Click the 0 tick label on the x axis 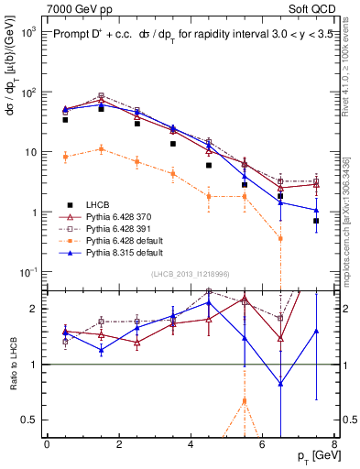(47, 443)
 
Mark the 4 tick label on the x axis (190, 443)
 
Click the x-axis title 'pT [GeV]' (312, 455)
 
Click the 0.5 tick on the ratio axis (32, 420)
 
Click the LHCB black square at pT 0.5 (65, 120)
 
